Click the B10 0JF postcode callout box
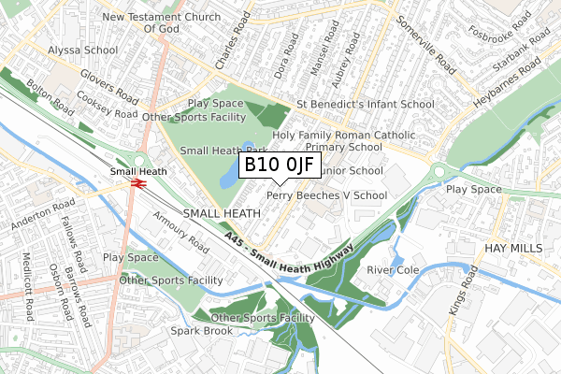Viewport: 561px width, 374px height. tap(280, 166)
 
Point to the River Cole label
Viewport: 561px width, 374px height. tap(394, 270)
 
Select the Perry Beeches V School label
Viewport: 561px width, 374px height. tap(326, 195)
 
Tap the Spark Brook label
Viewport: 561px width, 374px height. tap(200, 331)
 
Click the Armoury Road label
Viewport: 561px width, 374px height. tap(181, 230)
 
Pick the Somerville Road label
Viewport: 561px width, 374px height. tap(427, 45)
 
